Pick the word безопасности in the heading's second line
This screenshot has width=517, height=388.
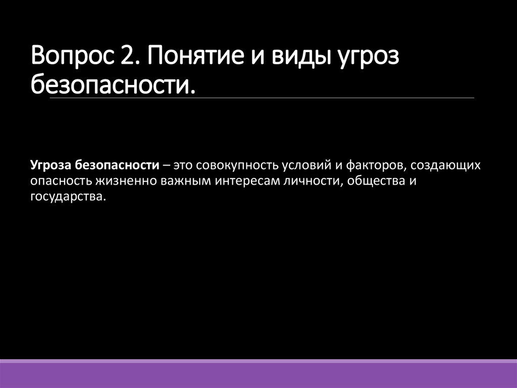[112, 83]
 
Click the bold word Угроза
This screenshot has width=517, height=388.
[51, 165]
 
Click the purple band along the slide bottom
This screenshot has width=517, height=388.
[258, 374]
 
